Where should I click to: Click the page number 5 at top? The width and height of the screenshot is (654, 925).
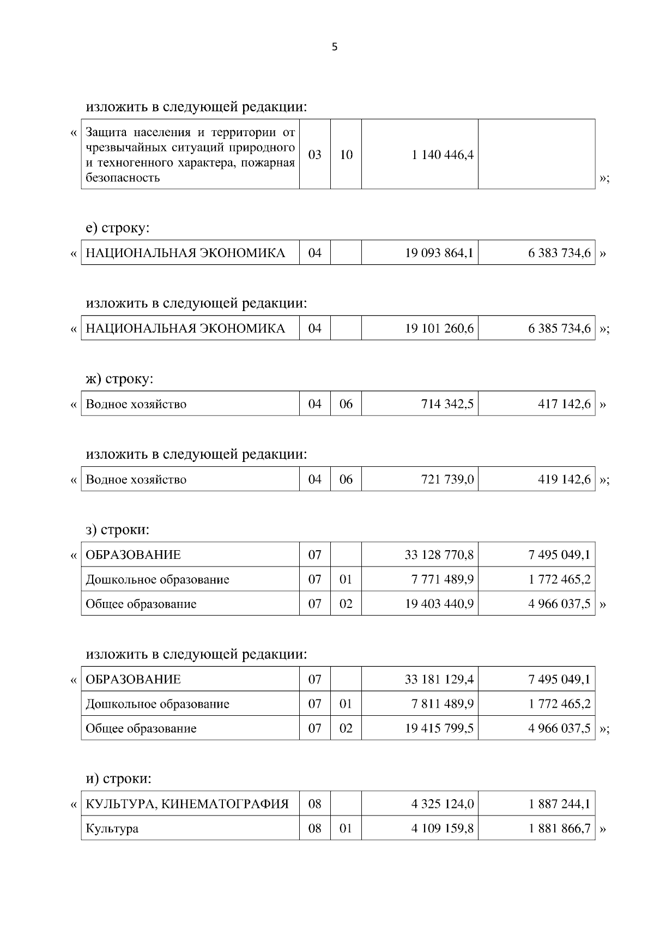[x=334, y=47]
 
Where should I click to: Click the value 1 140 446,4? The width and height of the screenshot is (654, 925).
[x=442, y=155]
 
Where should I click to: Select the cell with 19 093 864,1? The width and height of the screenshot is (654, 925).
[x=439, y=253]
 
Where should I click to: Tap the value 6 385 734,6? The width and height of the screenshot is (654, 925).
[x=559, y=328]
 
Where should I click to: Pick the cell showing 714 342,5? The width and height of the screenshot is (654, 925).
[x=447, y=404]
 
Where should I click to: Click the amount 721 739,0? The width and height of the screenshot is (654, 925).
[x=447, y=479]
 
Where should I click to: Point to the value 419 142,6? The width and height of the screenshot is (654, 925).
[x=564, y=479]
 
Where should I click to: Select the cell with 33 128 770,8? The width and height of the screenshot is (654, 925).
[x=439, y=555]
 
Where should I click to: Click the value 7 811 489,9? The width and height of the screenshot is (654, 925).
[x=442, y=704]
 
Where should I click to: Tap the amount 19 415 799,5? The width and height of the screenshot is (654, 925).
[x=439, y=728]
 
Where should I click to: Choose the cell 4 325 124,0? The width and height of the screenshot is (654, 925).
[x=442, y=804]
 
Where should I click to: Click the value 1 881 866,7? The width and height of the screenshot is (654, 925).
[x=559, y=829]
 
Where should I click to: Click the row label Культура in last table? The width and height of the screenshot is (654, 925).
[x=112, y=829]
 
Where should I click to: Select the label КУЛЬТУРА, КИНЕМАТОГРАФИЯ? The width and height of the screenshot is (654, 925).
[x=187, y=804]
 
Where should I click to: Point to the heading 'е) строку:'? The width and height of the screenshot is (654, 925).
[x=118, y=228]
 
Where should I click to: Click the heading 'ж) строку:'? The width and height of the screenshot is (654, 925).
[x=119, y=379]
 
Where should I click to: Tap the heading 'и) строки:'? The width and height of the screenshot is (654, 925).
[x=118, y=779]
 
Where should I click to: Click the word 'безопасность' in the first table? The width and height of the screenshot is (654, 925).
[x=123, y=178]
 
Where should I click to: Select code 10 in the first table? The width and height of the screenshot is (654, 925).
[x=346, y=155]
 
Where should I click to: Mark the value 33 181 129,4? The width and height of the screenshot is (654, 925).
[x=439, y=679]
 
